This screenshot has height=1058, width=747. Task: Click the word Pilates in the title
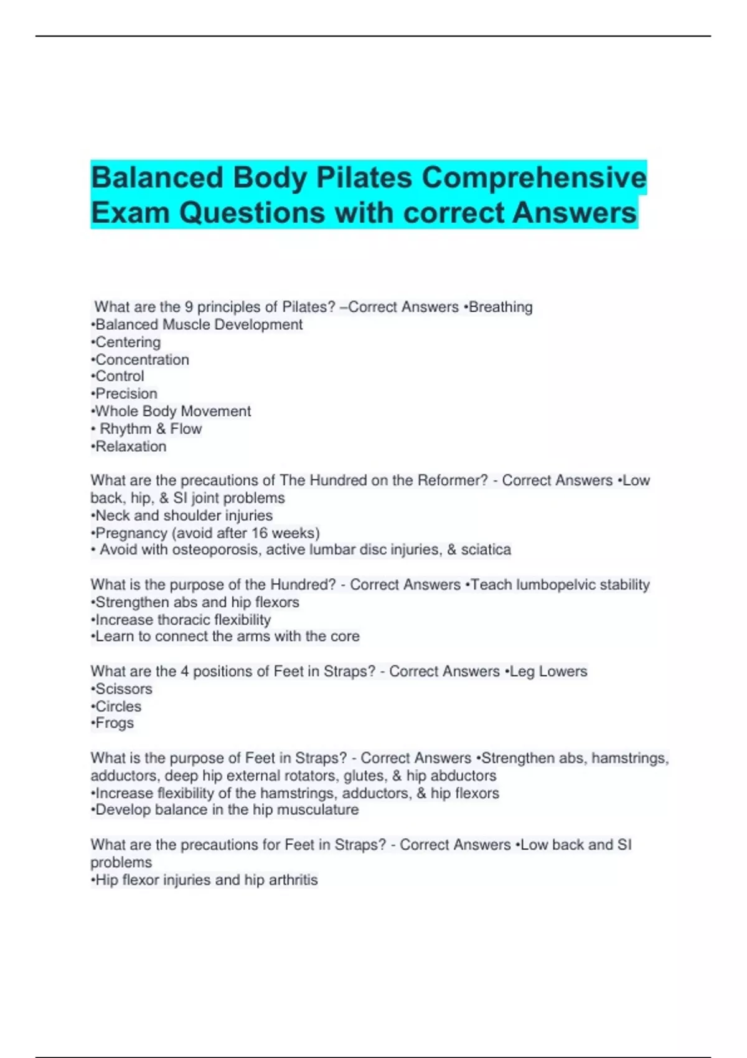coord(364,178)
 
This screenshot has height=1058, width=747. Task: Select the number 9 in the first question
coord(189,307)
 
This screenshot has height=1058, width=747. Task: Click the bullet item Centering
coord(128,342)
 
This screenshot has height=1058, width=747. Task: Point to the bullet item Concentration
coord(142,360)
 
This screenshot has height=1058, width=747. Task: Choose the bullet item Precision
coord(126,394)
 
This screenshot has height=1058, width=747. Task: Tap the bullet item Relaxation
coord(131,447)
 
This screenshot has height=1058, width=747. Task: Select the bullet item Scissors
coord(123,689)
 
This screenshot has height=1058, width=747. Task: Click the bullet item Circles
coord(118,706)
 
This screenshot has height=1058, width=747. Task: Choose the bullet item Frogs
coord(115,723)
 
